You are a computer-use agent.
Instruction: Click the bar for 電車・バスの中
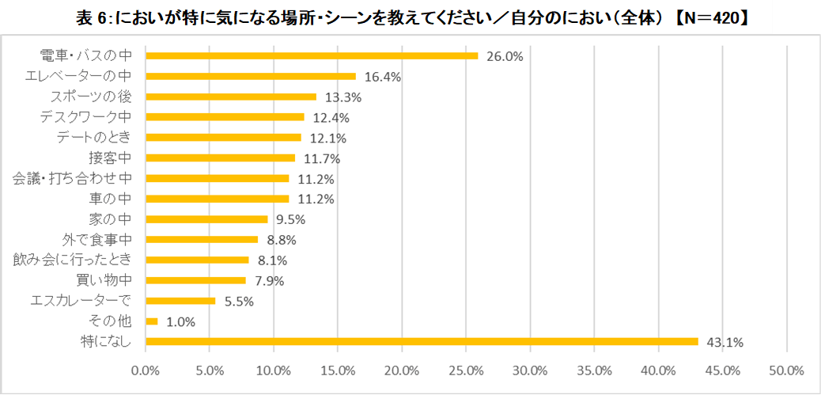pyautogui.click(x=312, y=55)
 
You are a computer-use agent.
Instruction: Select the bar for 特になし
pyautogui.click(x=422, y=341)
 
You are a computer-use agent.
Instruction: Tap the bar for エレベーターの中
pyautogui.click(x=251, y=76)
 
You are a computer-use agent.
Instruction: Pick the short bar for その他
pyautogui.click(x=152, y=321)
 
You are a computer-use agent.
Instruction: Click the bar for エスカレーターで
pyautogui.click(x=181, y=301)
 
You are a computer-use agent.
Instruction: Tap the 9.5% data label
pyautogui.click(x=290, y=220)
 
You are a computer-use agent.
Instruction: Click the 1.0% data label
pyautogui.click(x=180, y=322)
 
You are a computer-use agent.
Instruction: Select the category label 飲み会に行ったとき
pyautogui.click(x=78, y=260)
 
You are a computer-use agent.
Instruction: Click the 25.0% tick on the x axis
pyautogui.click(x=466, y=370)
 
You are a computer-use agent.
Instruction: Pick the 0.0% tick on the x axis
pyautogui.click(x=146, y=370)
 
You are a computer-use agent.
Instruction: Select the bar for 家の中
pyautogui.click(x=207, y=219)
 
